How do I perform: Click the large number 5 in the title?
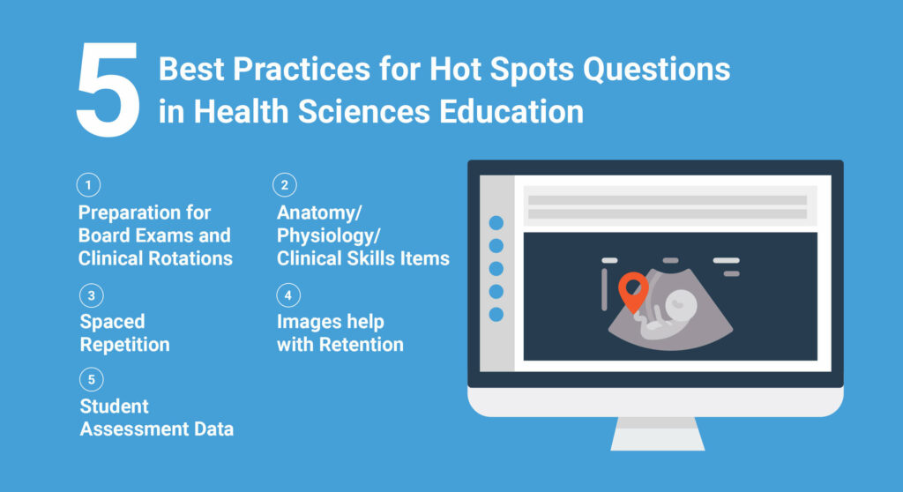(x=107, y=92)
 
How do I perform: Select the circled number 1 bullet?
(x=88, y=186)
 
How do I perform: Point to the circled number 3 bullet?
(x=88, y=295)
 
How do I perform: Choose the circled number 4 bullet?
(x=286, y=295)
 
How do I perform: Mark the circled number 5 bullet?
(x=88, y=380)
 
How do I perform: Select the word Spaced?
(x=112, y=322)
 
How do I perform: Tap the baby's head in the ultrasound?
(x=683, y=306)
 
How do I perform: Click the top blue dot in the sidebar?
(x=496, y=223)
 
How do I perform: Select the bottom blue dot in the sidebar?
(x=496, y=314)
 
